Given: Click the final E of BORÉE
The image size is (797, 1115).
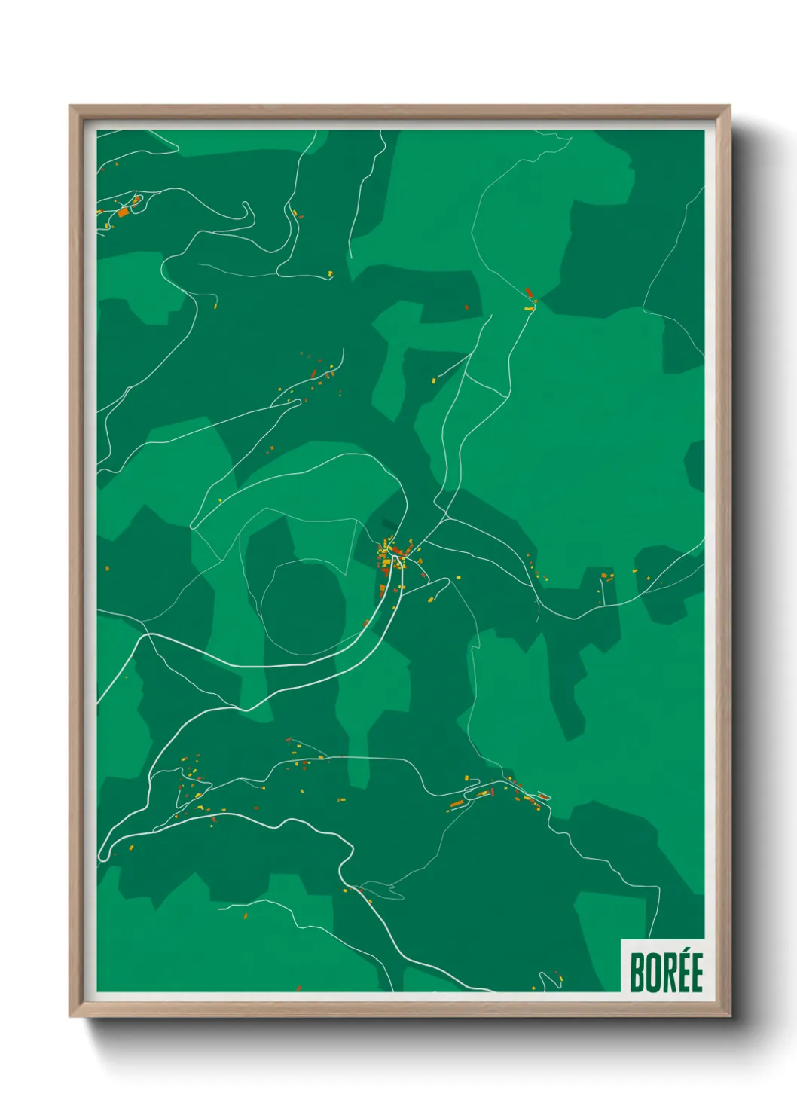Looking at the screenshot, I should coord(697,973).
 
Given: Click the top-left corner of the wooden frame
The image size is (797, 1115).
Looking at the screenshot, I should coord(70,107).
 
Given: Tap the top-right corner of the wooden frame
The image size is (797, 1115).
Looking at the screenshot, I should coord(728,107).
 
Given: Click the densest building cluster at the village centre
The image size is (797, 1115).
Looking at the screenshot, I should coord(392,554).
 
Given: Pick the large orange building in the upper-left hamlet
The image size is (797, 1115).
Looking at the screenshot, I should coord(123,213).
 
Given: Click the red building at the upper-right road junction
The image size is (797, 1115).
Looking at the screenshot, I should coord(529,292).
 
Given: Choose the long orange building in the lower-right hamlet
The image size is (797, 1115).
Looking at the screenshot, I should coord(457,804).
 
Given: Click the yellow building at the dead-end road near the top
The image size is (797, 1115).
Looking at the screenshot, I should coord(330,273).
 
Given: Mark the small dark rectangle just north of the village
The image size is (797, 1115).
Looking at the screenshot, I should coord(388,524).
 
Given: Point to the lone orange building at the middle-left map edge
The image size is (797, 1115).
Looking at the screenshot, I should coord(106,568).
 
